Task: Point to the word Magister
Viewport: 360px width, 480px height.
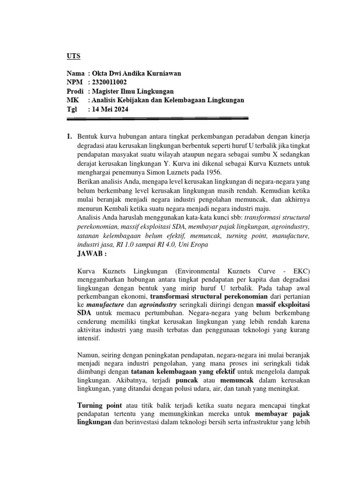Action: point(107,91)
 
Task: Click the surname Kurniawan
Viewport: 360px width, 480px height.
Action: point(161,73)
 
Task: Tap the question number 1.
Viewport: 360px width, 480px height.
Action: point(69,136)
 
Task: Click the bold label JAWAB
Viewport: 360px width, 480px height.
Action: point(91,254)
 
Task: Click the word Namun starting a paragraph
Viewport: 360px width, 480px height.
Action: point(89,353)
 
